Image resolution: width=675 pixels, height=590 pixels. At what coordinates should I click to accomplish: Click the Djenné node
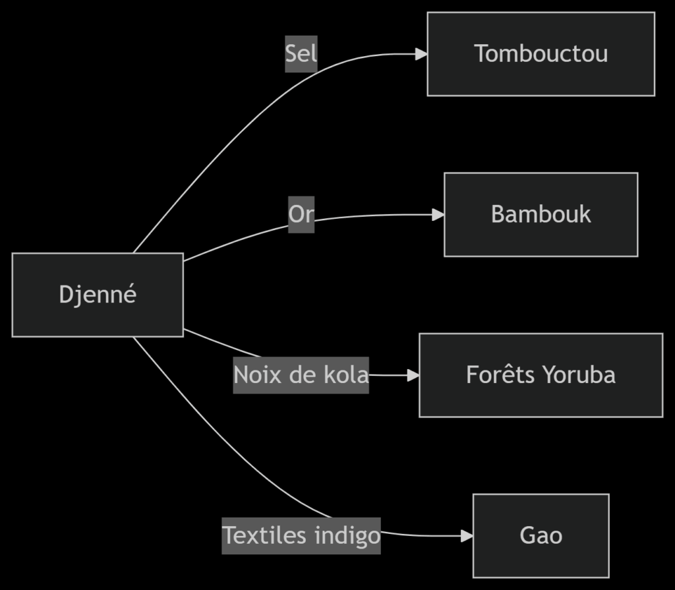98,295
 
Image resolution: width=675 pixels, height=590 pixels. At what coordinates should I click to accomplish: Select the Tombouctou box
541,53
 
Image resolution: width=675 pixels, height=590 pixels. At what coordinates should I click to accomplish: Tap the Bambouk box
541,214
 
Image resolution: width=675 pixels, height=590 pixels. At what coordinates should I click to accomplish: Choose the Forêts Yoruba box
541,375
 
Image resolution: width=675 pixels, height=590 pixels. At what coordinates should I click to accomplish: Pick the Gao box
541,535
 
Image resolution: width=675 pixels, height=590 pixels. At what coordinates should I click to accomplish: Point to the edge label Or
301,214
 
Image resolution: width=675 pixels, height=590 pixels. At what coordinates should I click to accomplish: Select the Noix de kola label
301,375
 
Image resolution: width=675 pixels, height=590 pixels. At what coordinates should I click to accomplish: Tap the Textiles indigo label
301,535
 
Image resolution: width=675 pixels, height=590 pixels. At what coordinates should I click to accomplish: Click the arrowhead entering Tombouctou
422,54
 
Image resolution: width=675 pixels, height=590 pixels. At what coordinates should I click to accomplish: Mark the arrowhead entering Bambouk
438,214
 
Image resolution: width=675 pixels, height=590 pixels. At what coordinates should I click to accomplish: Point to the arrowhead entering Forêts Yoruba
414,375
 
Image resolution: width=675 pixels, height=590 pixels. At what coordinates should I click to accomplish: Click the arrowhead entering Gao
467,536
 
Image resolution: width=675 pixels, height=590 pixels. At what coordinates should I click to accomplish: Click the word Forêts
502,374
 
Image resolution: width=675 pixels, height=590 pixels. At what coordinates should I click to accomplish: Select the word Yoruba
579,375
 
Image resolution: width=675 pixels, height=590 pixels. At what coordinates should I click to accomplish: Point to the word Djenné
98,294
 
